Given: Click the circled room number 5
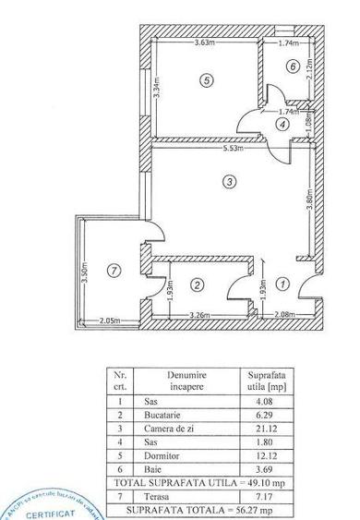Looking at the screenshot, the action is point(205,80).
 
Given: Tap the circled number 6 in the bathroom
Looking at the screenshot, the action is point(292,66).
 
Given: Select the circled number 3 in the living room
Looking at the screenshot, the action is point(229,183).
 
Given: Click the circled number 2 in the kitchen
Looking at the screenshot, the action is point(197,284).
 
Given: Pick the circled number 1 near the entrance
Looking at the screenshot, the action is point(283,284).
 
